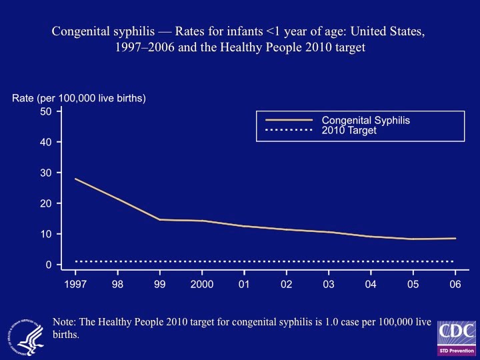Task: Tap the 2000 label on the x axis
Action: [202, 284]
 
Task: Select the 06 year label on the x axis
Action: [455, 284]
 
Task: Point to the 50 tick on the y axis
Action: [46, 111]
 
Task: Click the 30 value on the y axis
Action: [46, 173]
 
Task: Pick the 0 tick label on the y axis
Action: [49, 265]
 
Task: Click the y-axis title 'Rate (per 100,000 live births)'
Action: [79, 99]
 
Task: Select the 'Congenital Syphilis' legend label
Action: [365, 121]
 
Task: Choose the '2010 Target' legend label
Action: [349, 131]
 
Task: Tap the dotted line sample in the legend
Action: [285, 131]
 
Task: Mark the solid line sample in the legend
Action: [285, 121]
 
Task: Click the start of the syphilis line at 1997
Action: [75, 179]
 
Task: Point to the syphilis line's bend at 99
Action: [160, 219]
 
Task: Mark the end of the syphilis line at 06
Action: [455, 239]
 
